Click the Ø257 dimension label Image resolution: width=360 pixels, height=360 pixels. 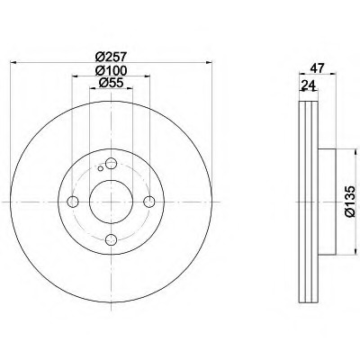pos(112,56)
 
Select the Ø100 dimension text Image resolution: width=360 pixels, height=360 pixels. pos(111,70)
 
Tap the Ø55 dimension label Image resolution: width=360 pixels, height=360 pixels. pos(111,83)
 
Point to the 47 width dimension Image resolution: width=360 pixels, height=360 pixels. pos(318,68)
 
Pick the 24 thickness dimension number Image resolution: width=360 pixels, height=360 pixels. pos(309,85)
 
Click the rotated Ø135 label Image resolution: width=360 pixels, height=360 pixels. pos(349,202)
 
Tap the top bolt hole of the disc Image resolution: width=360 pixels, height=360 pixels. pos(111,164)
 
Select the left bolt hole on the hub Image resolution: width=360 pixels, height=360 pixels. pos(73,202)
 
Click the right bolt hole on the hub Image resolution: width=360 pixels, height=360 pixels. pos(149,202)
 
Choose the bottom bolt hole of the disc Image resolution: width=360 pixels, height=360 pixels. pos(111,239)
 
